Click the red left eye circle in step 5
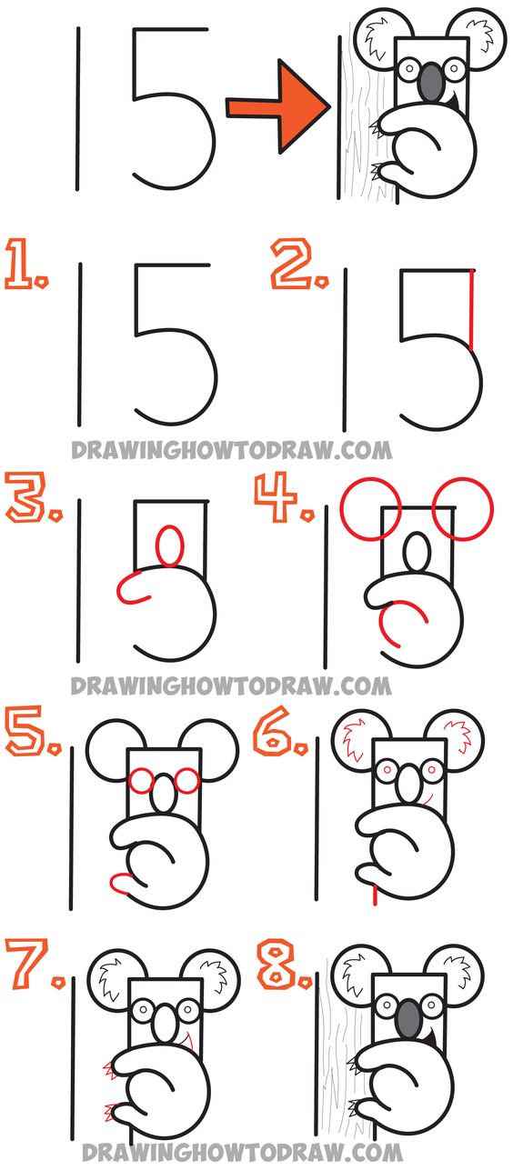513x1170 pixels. point(140,779)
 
